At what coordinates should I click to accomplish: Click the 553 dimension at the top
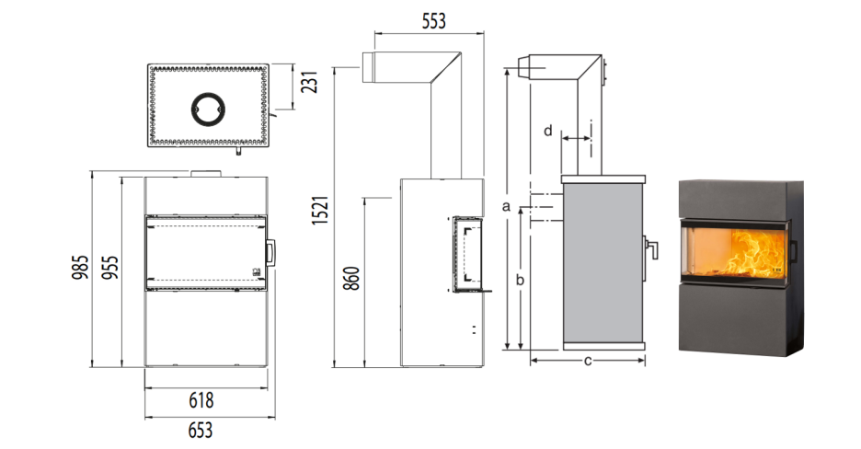[434, 21]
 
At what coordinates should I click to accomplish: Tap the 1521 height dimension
[320, 209]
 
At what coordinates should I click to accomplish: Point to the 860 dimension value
[353, 278]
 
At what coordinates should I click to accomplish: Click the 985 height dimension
[80, 267]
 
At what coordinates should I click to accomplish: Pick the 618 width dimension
[201, 400]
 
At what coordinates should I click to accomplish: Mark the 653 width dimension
[200, 430]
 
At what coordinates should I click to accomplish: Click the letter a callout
[506, 206]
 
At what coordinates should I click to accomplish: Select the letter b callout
[520, 280]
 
